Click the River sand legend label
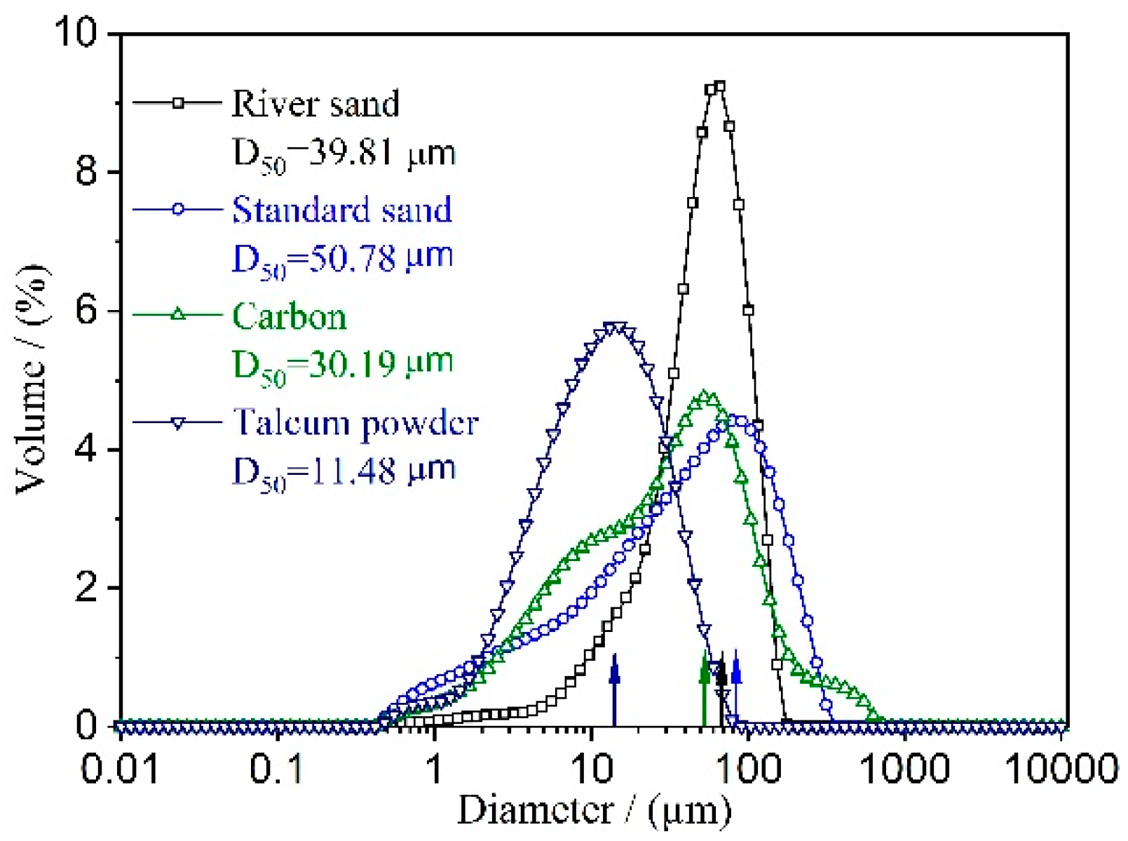coord(315,105)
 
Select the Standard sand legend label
coord(342,210)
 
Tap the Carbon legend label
coord(290,317)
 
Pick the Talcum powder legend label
coord(355,423)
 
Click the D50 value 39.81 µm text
coord(344,153)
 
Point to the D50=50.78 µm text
coord(342,259)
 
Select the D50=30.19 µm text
coord(342,365)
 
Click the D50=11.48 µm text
coord(344,471)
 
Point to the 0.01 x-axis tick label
coord(120,769)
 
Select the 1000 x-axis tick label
coord(904,769)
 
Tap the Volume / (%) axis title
coord(32,379)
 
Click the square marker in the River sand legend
coord(178,104)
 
